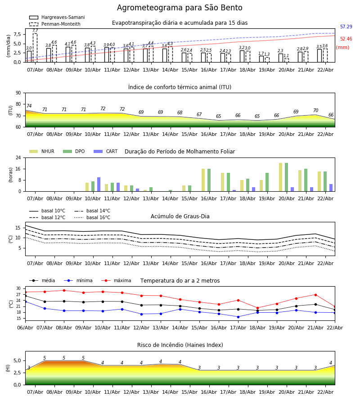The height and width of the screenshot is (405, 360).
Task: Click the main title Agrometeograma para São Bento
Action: [180, 8]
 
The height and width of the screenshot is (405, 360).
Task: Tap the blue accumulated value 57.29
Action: [346, 27]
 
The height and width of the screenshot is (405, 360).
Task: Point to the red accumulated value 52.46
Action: [346, 39]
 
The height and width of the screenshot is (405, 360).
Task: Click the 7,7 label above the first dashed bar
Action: [35, 31]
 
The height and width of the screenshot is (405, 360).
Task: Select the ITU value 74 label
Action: [29, 106]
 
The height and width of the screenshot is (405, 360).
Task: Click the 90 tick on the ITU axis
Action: [18, 93]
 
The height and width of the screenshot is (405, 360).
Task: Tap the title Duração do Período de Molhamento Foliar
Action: [180, 152]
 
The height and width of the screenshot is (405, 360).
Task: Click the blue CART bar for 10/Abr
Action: [99, 184]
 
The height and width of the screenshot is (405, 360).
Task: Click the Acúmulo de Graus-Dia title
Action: [180, 216]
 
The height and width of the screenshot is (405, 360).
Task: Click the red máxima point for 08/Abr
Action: [64, 290]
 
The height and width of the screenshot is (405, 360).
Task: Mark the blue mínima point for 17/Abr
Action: [238, 317]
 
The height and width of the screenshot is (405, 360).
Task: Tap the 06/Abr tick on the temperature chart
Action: [25, 327]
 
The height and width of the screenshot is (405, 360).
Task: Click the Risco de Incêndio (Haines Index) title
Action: [180, 345]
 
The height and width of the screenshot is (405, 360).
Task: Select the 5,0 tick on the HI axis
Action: [16, 360]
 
